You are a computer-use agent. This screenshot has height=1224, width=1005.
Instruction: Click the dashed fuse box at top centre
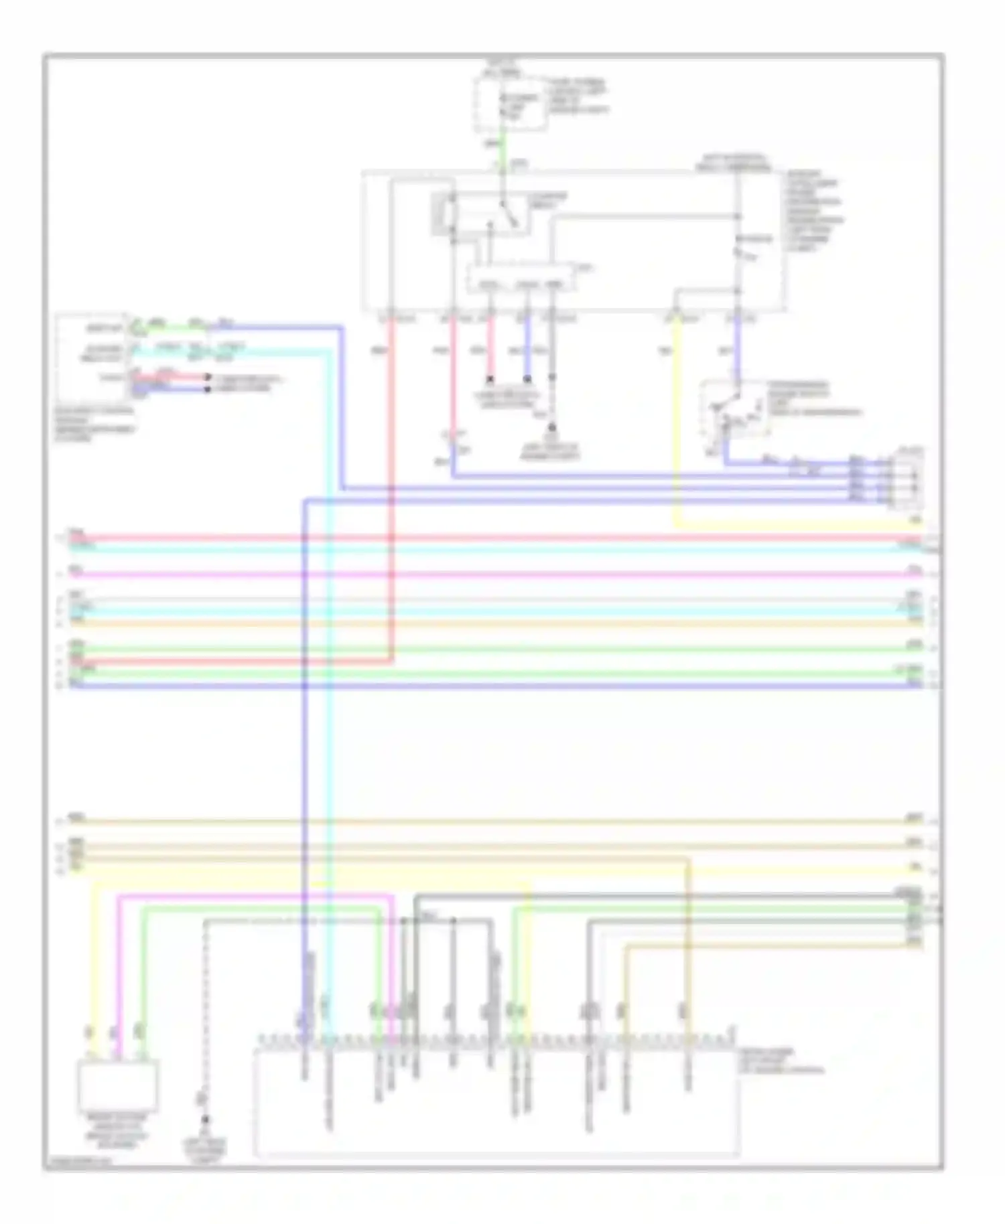(x=511, y=104)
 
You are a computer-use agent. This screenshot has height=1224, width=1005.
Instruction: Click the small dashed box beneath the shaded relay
(x=521, y=278)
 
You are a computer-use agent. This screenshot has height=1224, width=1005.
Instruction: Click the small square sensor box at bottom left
(x=119, y=1085)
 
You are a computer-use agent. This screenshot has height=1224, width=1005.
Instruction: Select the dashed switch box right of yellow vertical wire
(x=734, y=409)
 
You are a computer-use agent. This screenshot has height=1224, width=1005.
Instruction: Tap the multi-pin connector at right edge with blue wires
(x=906, y=479)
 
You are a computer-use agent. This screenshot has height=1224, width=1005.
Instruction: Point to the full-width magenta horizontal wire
(x=496, y=575)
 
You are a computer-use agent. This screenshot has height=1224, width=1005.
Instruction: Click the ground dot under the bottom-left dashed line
(x=205, y=1120)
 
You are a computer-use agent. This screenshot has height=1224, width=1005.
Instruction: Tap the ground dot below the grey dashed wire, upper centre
(x=553, y=427)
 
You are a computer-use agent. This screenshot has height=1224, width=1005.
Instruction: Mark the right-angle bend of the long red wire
(x=392, y=660)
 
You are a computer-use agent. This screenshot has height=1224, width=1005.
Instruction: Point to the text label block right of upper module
(x=814, y=211)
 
